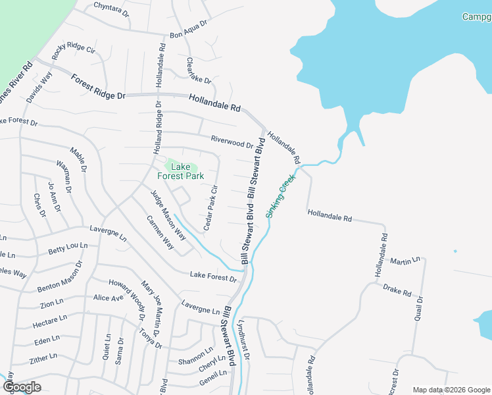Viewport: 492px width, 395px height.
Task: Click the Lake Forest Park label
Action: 180,172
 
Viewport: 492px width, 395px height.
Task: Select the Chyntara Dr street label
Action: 111,9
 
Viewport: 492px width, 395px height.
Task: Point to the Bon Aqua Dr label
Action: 188,30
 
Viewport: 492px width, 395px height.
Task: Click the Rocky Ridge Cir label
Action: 74,57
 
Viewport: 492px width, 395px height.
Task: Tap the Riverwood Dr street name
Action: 232,142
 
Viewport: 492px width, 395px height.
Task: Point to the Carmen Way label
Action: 160,233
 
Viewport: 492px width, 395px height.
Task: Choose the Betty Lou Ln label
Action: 68,250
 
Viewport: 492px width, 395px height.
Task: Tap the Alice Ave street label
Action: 109,298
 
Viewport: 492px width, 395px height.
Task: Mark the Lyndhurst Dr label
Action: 244,340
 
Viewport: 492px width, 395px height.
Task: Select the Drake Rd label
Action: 397,290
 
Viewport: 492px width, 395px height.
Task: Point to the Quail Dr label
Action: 420,307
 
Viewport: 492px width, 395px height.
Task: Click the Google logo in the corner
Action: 22,386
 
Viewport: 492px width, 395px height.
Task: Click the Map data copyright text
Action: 451,390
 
